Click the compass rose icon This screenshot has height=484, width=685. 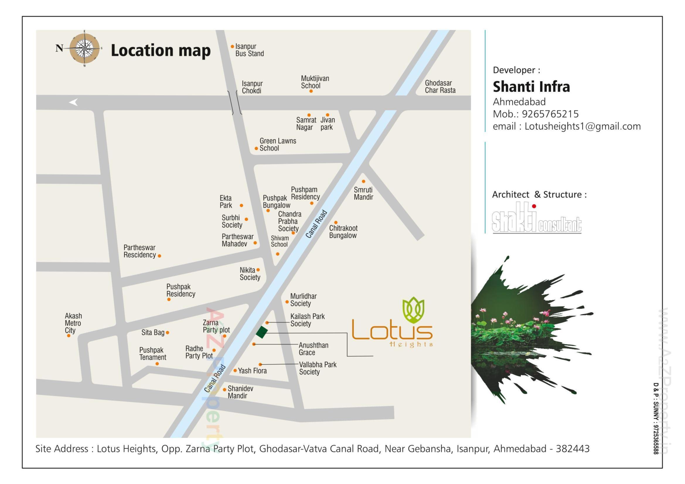(x=85, y=48)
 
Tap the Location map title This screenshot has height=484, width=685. (x=161, y=50)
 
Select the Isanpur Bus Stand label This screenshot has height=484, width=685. (x=249, y=50)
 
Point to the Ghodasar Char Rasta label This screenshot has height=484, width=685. (x=440, y=86)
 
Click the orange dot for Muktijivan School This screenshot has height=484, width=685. (x=311, y=91)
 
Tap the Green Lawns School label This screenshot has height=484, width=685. (x=277, y=145)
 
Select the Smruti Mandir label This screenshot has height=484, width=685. (x=363, y=194)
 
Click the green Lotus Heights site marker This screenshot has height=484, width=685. (x=262, y=332)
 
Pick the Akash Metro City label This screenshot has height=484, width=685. (x=73, y=323)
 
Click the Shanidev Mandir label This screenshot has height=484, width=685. (x=240, y=392)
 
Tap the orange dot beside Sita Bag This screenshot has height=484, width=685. (x=167, y=333)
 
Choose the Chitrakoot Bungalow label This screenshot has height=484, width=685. (x=343, y=232)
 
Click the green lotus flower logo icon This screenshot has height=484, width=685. (x=413, y=310)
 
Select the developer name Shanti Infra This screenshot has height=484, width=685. (x=531, y=87)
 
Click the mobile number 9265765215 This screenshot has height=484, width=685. (x=550, y=114)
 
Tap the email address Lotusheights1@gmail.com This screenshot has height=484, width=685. (x=582, y=126)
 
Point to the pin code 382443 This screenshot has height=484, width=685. (x=572, y=449)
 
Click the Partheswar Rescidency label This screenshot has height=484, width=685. (x=140, y=252)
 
